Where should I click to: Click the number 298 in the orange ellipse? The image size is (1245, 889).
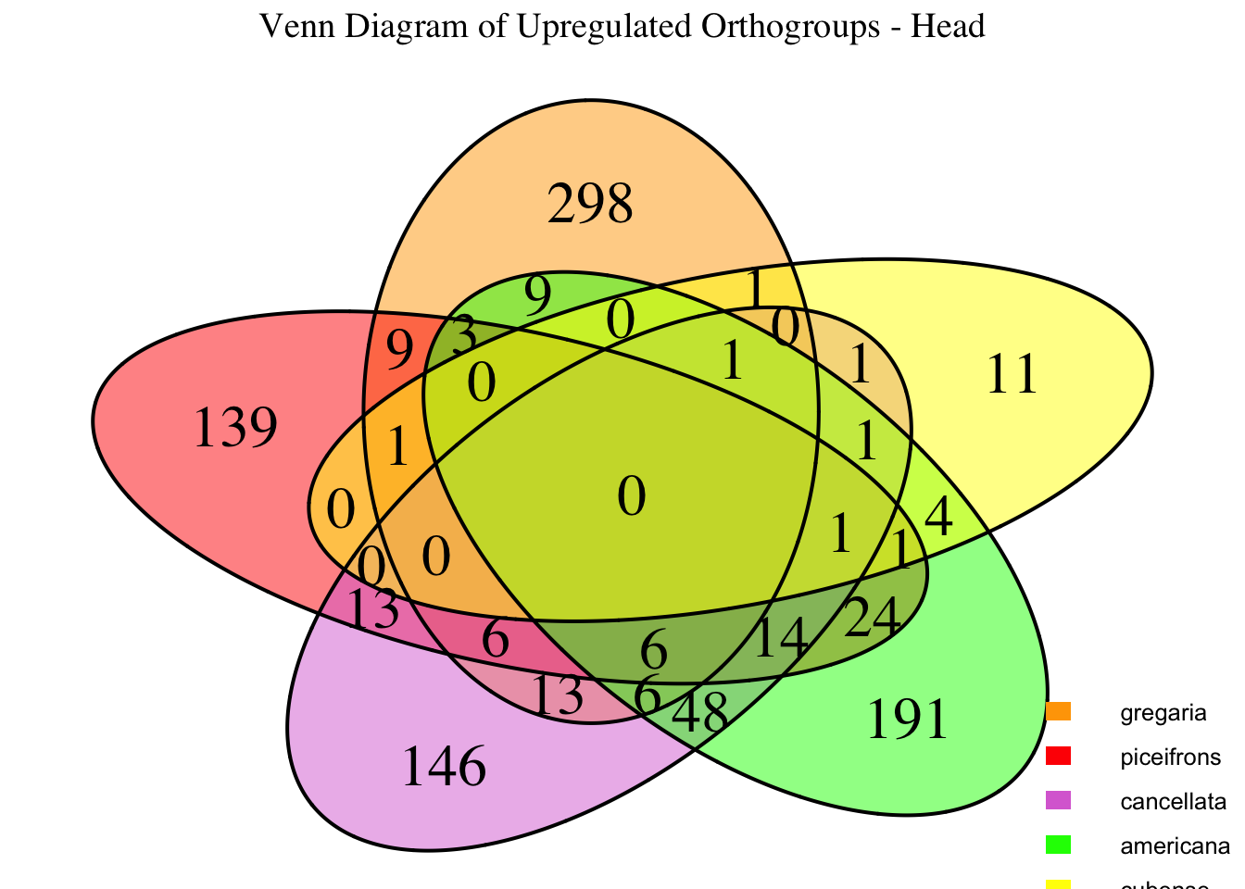590,205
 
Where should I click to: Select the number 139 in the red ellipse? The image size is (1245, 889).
235,430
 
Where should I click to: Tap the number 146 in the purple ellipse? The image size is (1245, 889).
444,767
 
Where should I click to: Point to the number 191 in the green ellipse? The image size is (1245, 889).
908,720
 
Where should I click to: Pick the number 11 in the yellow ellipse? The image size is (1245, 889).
1012,376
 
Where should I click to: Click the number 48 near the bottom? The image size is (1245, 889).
699,714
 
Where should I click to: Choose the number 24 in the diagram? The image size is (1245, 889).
873,617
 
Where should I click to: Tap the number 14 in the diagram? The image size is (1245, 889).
781,638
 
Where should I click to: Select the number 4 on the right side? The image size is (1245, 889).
938,518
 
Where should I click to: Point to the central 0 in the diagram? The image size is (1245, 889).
631,497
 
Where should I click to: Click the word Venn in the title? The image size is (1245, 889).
291,26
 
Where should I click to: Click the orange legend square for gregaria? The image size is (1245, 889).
1058,712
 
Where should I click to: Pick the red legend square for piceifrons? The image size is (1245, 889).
1058,757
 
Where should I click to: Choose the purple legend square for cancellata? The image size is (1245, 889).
1058,800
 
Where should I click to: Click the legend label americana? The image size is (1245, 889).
1175,845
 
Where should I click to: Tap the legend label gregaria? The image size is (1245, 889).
1163,713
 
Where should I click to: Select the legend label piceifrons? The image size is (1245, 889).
1171,757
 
